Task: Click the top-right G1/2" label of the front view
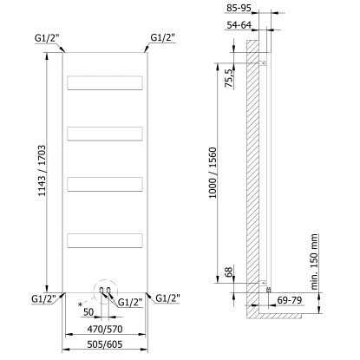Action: tap(161, 37)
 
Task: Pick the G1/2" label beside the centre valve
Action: tap(129, 302)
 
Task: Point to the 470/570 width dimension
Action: tap(108, 330)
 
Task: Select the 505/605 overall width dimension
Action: tap(108, 344)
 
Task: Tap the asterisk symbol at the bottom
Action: tap(79, 305)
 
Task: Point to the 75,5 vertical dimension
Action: tap(229, 83)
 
